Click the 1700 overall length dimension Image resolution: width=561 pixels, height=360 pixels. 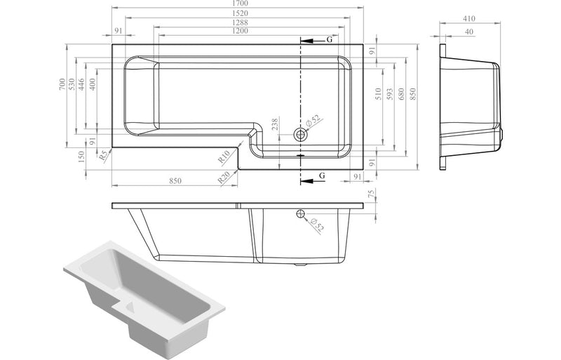point(238,4)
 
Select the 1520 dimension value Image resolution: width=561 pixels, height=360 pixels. point(238,13)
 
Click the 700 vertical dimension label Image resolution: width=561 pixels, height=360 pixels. point(62,85)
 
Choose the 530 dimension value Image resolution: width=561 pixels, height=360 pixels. point(72,85)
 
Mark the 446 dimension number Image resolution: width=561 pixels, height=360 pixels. point(82,85)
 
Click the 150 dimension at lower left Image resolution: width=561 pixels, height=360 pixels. point(82,158)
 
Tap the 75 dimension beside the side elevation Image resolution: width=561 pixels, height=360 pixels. point(372,194)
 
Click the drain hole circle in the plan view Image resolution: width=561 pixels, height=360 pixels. point(301,133)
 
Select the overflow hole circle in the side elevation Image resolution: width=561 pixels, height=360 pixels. point(301,214)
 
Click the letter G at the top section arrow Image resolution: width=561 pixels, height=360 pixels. point(327,40)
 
